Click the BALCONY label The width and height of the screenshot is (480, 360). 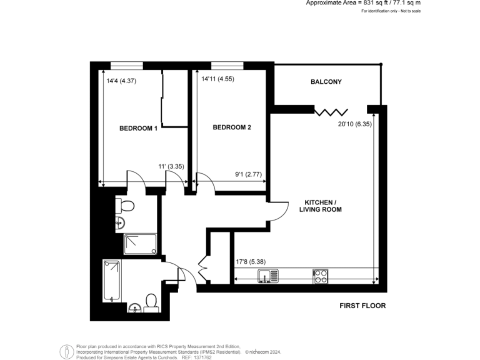[x=326, y=82]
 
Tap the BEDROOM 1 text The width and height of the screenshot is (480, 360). [x=138, y=128]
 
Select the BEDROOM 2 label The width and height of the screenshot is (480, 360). [x=232, y=127]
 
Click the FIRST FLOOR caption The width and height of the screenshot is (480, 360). [x=362, y=306]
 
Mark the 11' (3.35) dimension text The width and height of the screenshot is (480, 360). [x=171, y=166]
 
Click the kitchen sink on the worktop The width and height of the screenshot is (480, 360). [x=270, y=276]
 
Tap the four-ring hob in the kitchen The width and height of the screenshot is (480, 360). [x=321, y=276]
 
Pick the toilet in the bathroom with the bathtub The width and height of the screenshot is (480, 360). [x=150, y=302]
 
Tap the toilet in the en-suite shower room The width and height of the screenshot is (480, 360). [x=126, y=206]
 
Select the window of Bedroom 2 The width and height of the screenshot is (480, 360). [x=227, y=65]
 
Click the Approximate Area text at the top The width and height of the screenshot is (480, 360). [x=362, y=3]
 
